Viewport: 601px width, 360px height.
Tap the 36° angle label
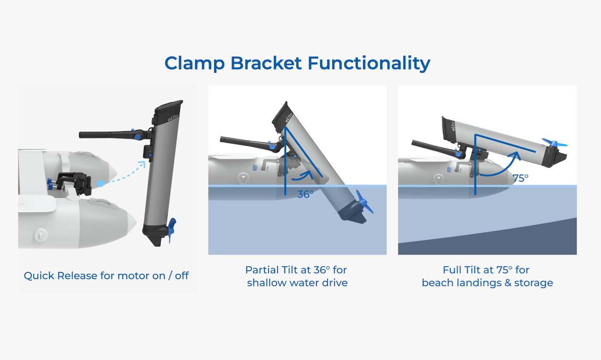(x=305, y=194)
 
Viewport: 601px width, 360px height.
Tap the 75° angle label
(x=520, y=178)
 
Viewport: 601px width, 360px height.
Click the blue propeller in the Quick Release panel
(x=172, y=229)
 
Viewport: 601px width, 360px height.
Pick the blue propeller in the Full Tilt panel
(x=553, y=142)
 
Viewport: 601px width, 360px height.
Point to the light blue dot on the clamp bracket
(x=100, y=183)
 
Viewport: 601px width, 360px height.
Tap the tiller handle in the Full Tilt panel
(x=432, y=148)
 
